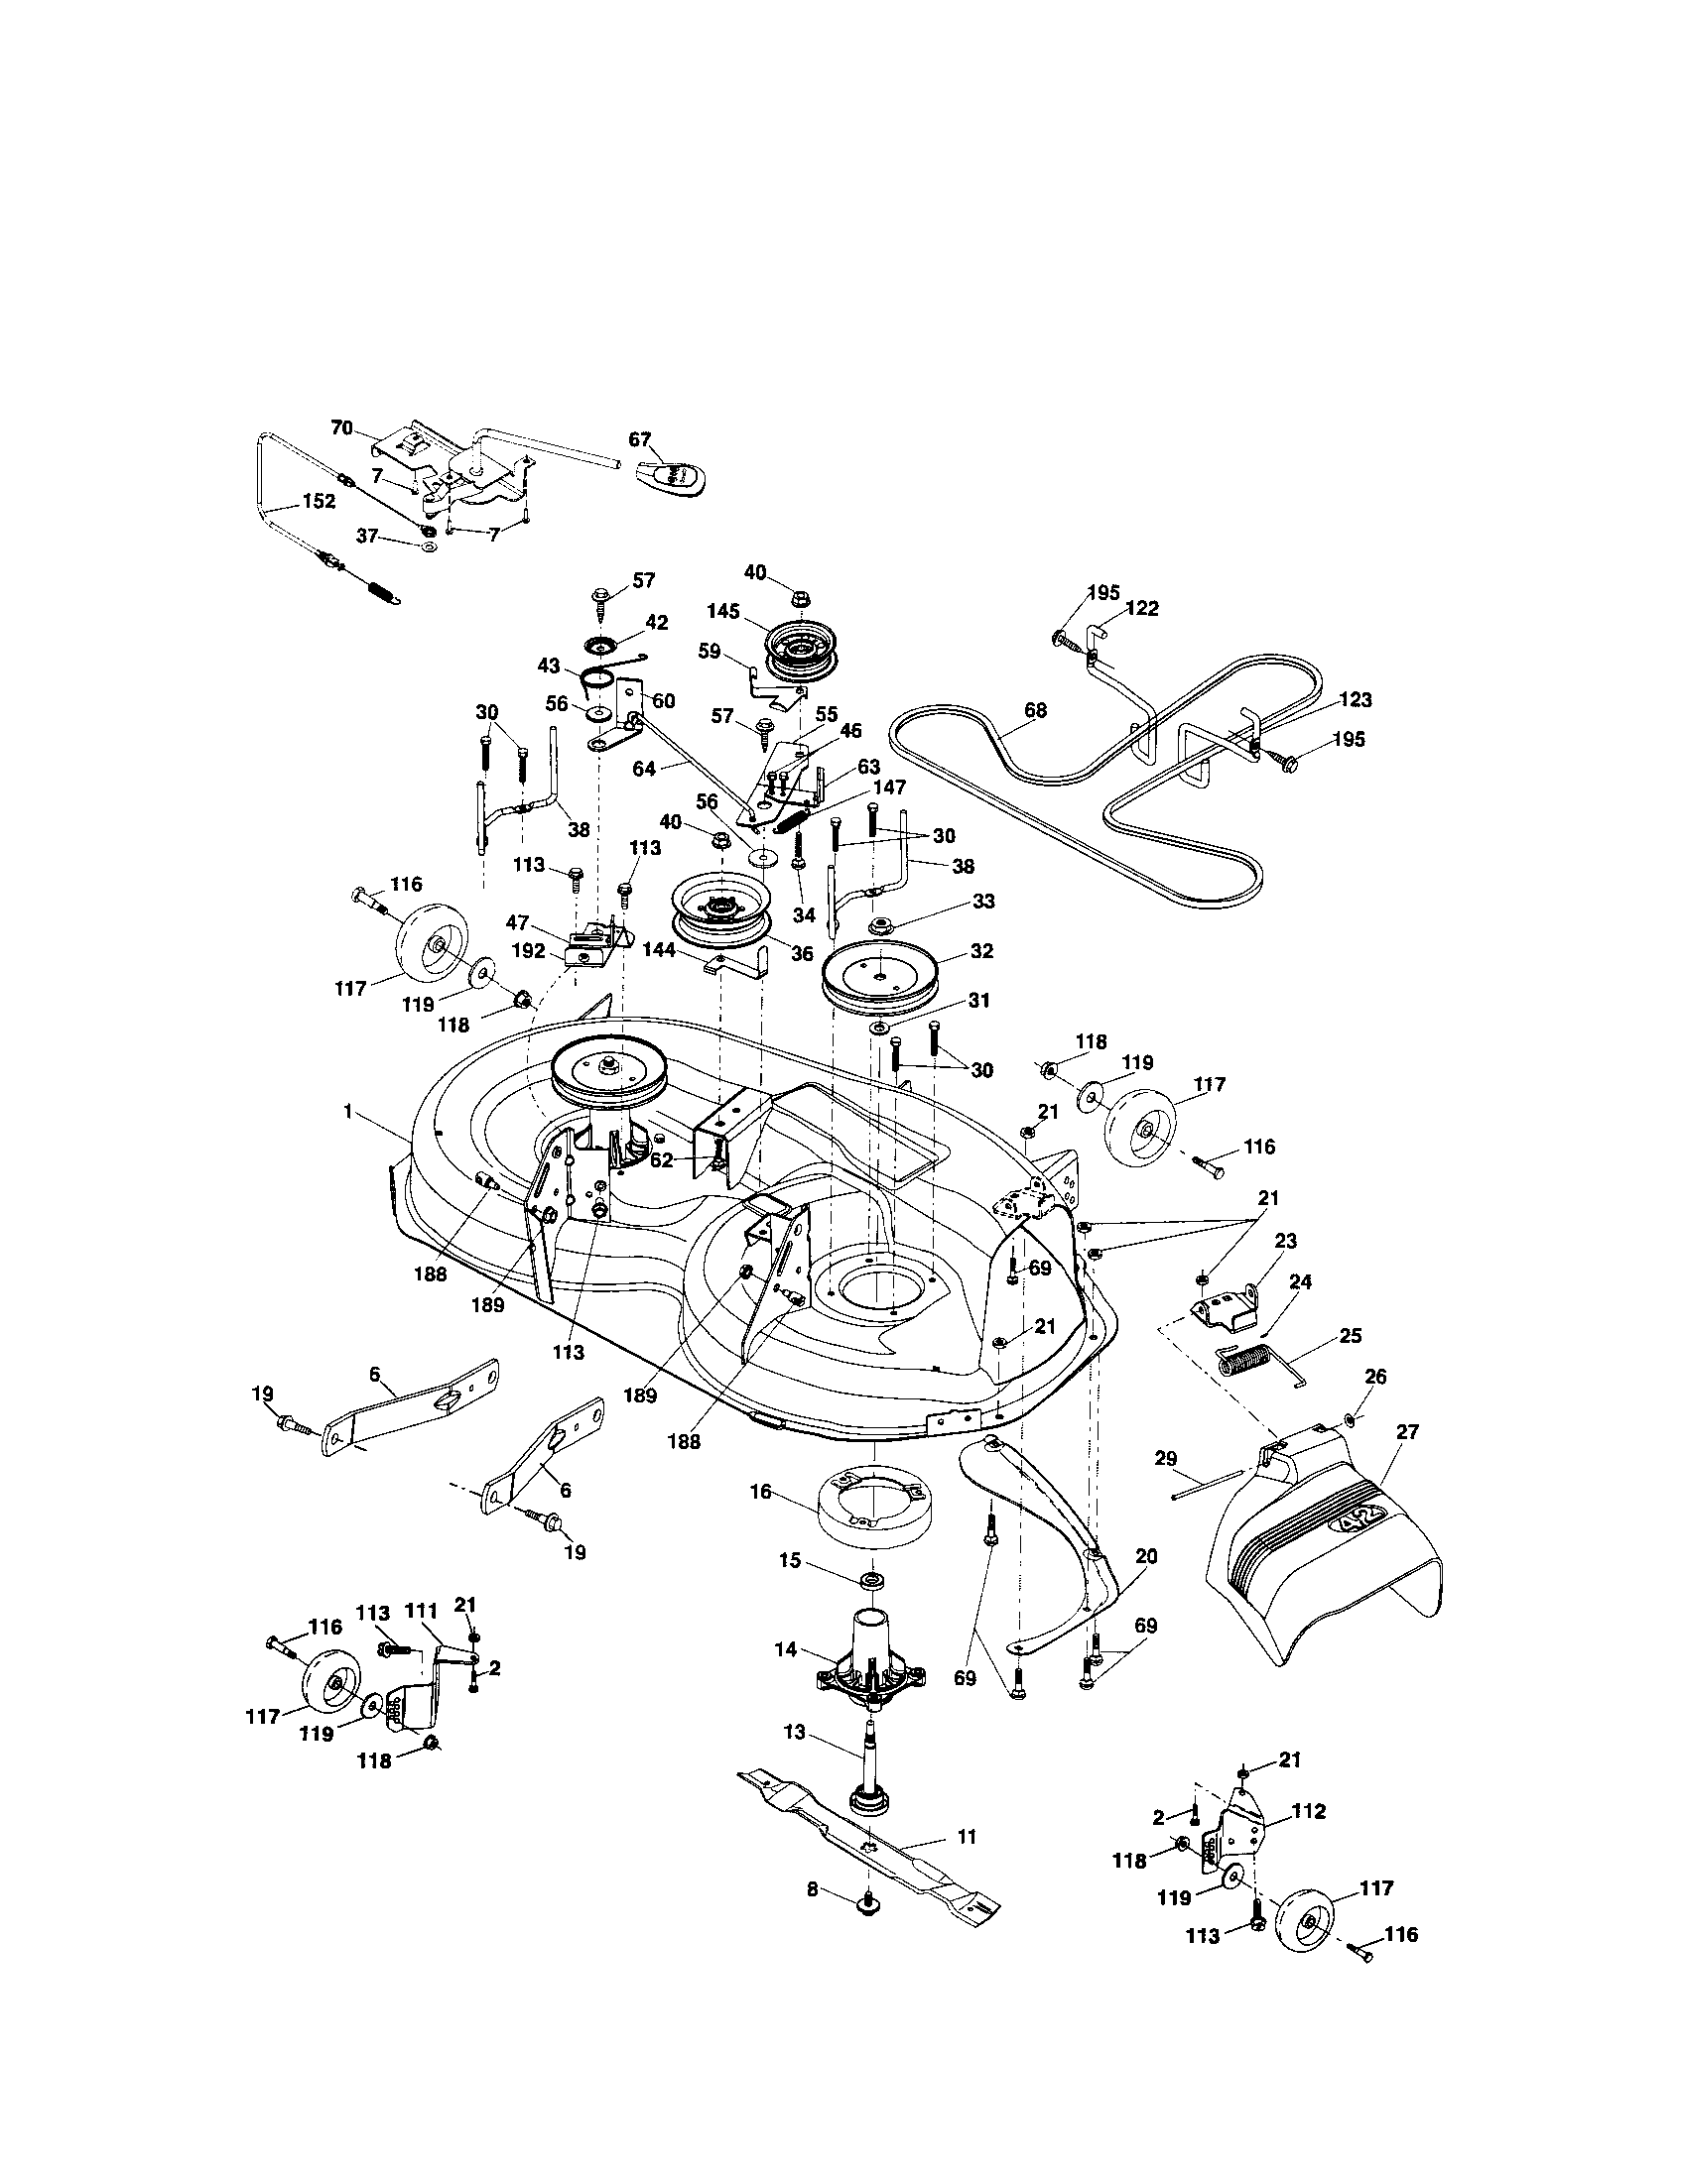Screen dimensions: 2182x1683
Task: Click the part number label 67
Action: click(x=640, y=439)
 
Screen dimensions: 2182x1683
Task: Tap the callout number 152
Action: click(x=319, y=502)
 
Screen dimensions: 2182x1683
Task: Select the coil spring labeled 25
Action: click(x=1243, y=1363)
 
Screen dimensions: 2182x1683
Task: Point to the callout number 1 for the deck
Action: click(x=347, y=1111)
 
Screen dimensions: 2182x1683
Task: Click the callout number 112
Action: click(x=1308, y=1811)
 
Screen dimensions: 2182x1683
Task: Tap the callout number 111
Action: click(x=422, y=1611)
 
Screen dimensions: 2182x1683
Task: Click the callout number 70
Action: click(x=341, y=427)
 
